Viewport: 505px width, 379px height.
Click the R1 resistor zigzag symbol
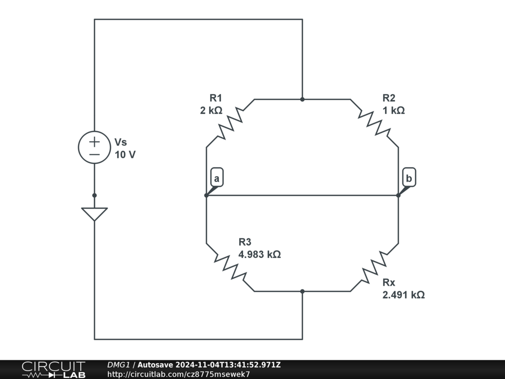230,123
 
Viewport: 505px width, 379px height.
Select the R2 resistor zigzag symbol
374,123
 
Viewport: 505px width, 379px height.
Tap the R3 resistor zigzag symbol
230,267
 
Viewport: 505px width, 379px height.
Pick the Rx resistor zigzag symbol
374,267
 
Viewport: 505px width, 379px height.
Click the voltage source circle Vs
94,147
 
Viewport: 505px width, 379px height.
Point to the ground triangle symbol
94,213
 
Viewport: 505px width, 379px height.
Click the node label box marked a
217,178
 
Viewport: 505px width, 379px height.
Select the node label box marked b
409,178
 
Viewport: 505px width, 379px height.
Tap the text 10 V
125,154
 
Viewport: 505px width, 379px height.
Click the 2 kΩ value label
211,111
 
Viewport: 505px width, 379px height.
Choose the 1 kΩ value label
394,111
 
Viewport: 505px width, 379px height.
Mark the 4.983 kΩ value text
259,255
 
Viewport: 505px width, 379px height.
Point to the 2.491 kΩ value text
403,295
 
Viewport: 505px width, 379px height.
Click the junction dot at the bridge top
302,99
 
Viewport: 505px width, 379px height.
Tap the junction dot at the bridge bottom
302,291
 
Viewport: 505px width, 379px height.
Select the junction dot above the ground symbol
94,195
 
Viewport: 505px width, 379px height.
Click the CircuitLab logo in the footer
53,370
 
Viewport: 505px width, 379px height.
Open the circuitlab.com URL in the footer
179,374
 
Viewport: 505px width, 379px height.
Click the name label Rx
389,283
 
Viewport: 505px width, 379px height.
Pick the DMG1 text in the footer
118,365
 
